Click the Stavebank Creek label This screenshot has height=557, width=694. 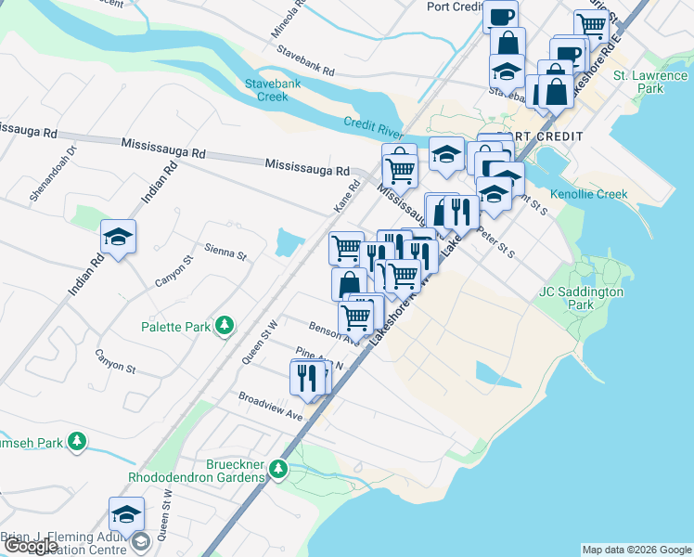[x=272, y=90]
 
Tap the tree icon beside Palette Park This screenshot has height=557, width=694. [x=224, y=326]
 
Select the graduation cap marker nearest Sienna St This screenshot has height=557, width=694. [x=119, y=238]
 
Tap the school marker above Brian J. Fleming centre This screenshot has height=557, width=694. [x=127, y=514]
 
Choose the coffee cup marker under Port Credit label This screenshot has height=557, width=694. [x=500, y=17]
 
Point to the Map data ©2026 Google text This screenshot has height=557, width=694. [x=636, y=550]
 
